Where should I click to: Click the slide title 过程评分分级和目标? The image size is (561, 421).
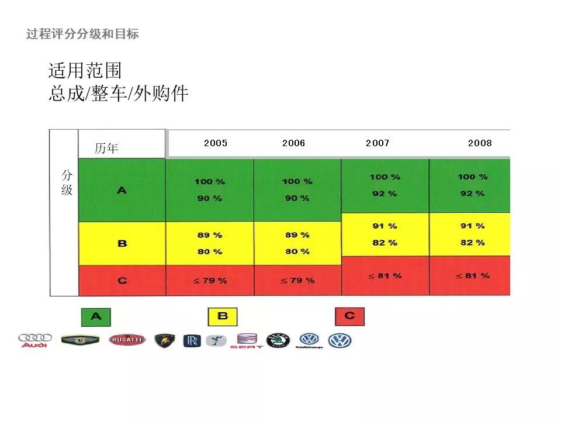coord(82,34)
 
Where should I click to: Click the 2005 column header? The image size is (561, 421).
coord(216,143)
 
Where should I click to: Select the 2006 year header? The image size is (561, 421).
coord(293,143)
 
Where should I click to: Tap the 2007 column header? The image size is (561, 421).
coord(378,143)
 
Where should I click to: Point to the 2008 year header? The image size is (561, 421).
coord(480,143)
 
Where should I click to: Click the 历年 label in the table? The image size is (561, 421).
coord(106,149)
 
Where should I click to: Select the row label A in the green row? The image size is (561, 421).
coord(122,190)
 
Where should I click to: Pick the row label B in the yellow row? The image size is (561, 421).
coord(122,243)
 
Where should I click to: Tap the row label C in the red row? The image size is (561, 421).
coord(122,281)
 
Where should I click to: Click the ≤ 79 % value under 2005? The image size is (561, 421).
coord(210,281)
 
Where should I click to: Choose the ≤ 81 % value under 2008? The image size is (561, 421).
coord(472,275)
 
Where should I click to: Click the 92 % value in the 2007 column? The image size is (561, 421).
coord(385,194)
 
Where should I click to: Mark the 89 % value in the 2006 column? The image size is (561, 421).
coord(297,235)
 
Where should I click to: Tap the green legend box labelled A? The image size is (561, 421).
coord(96,316)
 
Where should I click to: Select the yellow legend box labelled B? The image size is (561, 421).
coord(223,316)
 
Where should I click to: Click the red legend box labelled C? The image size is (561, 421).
coord(349,316)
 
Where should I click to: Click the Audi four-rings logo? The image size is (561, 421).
coord(34,341)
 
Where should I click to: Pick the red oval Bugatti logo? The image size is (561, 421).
coord(127,340)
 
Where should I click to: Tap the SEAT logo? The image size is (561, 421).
coord(247,341)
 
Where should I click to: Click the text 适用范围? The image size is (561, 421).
coord(85,71)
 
